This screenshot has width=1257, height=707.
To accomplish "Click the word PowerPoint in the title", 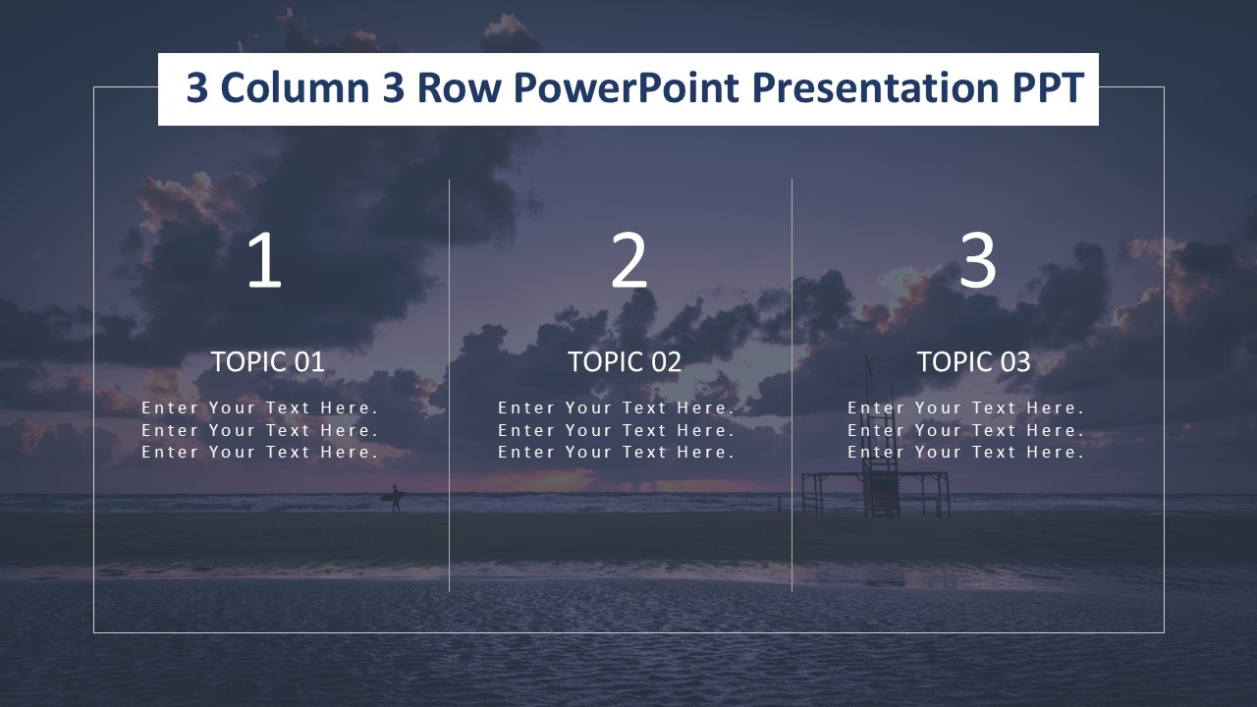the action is [626, 88].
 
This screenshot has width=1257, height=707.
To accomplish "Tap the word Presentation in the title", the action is [876, 88].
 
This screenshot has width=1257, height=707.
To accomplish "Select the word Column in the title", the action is [296, 88].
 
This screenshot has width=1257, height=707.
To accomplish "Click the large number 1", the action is [264, 260].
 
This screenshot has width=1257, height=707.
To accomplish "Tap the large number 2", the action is [629, 260].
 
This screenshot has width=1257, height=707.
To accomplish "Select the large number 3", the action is [977, 260].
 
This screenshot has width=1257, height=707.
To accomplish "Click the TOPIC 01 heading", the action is [268, 362].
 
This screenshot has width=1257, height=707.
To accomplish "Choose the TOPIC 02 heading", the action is [625, 362].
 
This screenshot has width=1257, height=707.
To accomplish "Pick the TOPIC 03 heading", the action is [973, 362].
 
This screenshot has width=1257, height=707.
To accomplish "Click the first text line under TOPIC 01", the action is [260, 408].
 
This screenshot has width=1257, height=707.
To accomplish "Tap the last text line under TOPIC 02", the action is [616, 453].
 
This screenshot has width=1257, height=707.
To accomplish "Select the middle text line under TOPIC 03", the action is [965, 430].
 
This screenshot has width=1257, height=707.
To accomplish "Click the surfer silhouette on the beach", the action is [395, 498].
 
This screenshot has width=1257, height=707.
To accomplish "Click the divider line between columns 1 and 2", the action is [449, 385].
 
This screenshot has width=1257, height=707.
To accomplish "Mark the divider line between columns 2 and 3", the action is [792, 385].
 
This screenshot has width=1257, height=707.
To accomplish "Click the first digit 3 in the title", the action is [197, 88].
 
